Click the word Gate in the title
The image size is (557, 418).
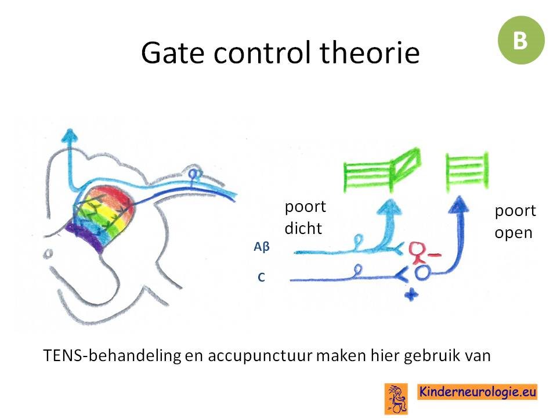pos(173,53)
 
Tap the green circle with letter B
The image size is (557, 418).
pos(521,40)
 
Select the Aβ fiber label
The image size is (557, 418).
pos(262,246)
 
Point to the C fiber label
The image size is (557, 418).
pos(261,278)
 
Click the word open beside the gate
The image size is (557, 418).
pos(513,233)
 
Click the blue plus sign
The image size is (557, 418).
pos(411,295)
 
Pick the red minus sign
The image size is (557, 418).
pos(435,254)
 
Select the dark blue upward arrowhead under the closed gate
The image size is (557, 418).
pos(460,204)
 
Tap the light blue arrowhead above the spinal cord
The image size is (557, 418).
pos(69,135)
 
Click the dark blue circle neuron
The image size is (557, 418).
pos(423,273)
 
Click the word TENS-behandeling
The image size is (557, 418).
pos(112,355)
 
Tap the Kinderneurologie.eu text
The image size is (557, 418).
pos(478,392)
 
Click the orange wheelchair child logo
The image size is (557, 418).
pos(396,398)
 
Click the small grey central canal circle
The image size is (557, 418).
pos(48,254)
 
